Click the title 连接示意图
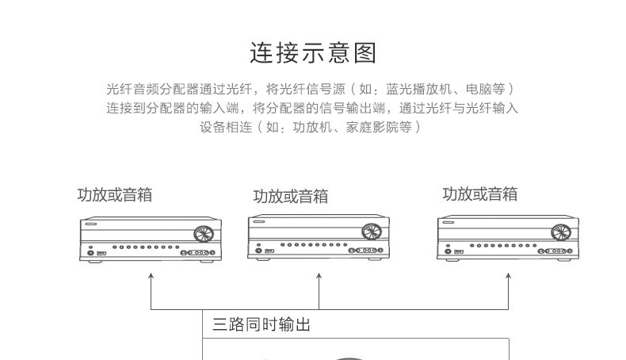pos(313,53)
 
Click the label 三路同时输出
pos(261,324)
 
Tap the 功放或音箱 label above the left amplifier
pos(115,195)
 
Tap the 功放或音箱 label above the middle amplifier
pos(291,196)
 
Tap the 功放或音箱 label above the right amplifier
pos(480,194)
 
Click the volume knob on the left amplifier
pos(204,235)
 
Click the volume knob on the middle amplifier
pos(372,232)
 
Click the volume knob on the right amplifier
pos(561,232)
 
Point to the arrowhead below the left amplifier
pos(151,276)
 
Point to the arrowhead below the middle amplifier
pos(319,276)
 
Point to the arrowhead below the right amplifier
pos(508,276)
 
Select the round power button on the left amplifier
pos(90,253)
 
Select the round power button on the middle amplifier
pos(258,251)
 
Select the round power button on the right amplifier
pos(448,251)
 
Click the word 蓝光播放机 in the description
pos(419,89)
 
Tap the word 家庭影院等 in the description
pos(379,127)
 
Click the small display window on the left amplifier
pos(101,253)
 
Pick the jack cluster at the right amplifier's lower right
pos(556,251)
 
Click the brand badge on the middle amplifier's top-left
pos(259,221)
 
